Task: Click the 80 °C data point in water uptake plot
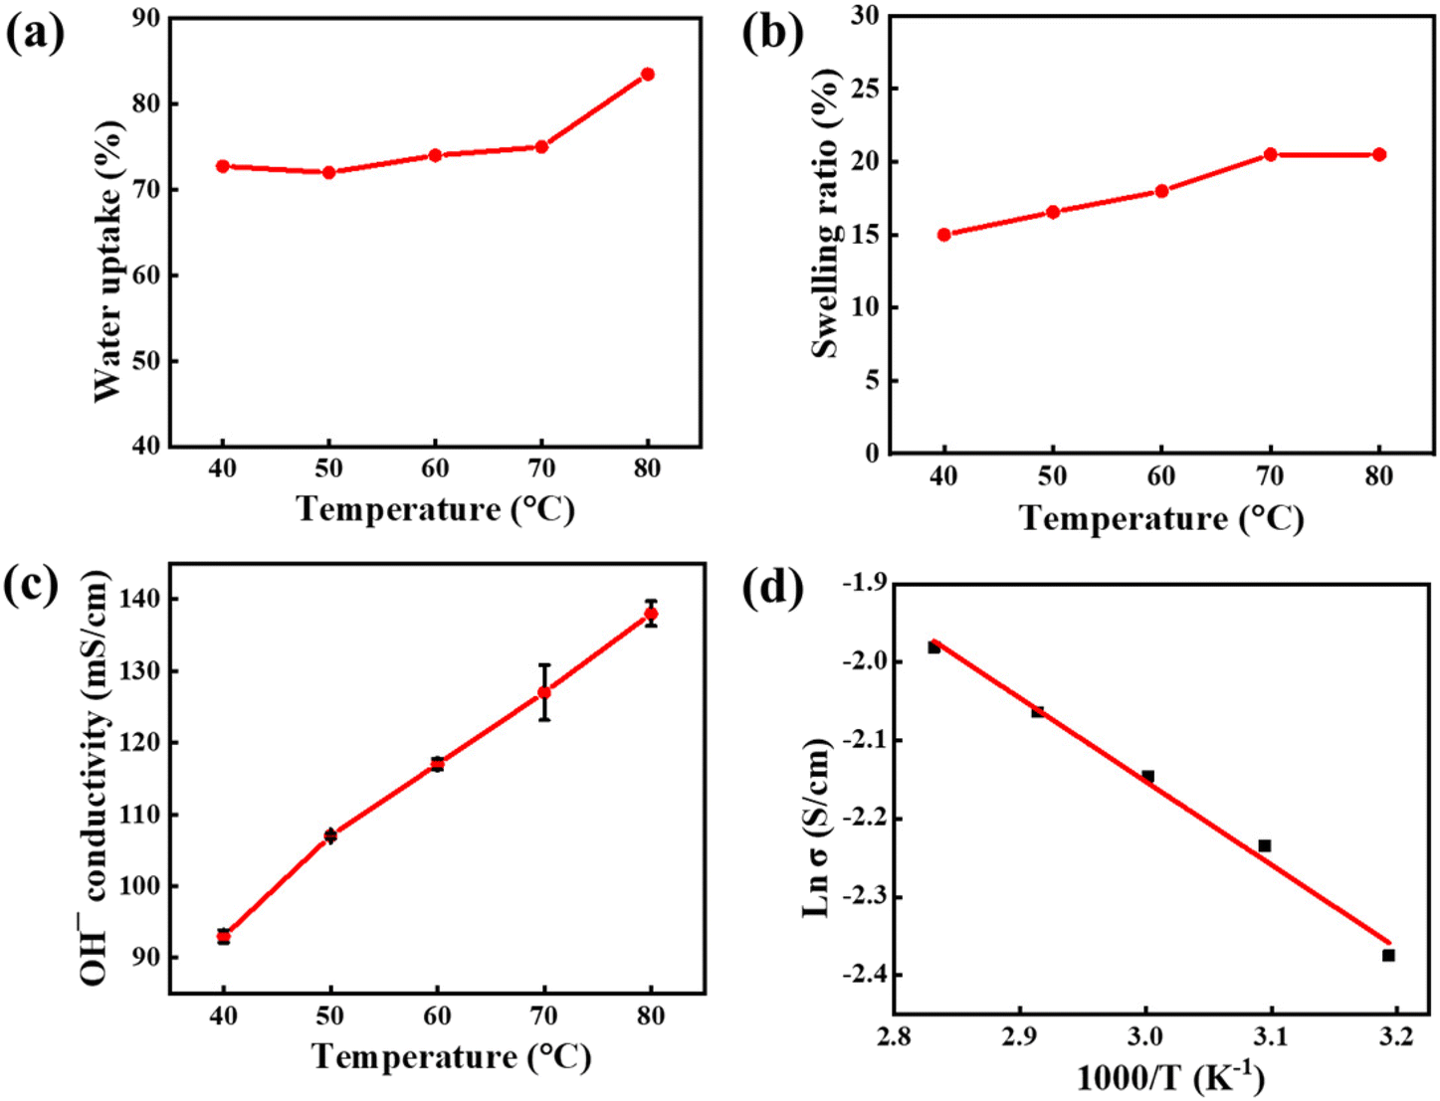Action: [x=648, y=75]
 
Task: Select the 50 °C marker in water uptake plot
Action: [x=328, y=172]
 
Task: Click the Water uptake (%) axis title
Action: [x=108, y=262]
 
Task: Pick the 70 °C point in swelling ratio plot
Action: [x=1271, y=154]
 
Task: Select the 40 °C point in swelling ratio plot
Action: [x=943, y=235]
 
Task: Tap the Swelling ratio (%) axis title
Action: [x=827, y=214]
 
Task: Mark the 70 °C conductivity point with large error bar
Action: [x=544, y=692]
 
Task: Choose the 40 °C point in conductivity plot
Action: [x=224, y=936]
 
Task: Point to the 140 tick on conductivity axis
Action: [x=138, y=600]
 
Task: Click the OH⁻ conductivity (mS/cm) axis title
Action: [x=96, y=778]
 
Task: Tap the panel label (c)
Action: [x=35, y=585]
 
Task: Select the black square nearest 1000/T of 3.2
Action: [x=1388, y=955]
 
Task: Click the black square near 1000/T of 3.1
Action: [x=1264, y=845]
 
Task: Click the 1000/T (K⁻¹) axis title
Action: [x=1169, y=1078]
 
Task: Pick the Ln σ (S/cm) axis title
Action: [x=817, y=827]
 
